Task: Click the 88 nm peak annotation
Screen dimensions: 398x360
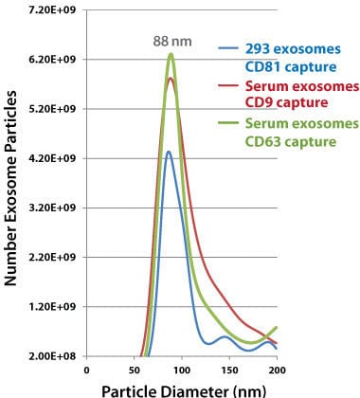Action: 171,42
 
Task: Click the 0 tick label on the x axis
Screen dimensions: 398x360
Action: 86,371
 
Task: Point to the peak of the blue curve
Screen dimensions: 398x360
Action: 168,152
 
